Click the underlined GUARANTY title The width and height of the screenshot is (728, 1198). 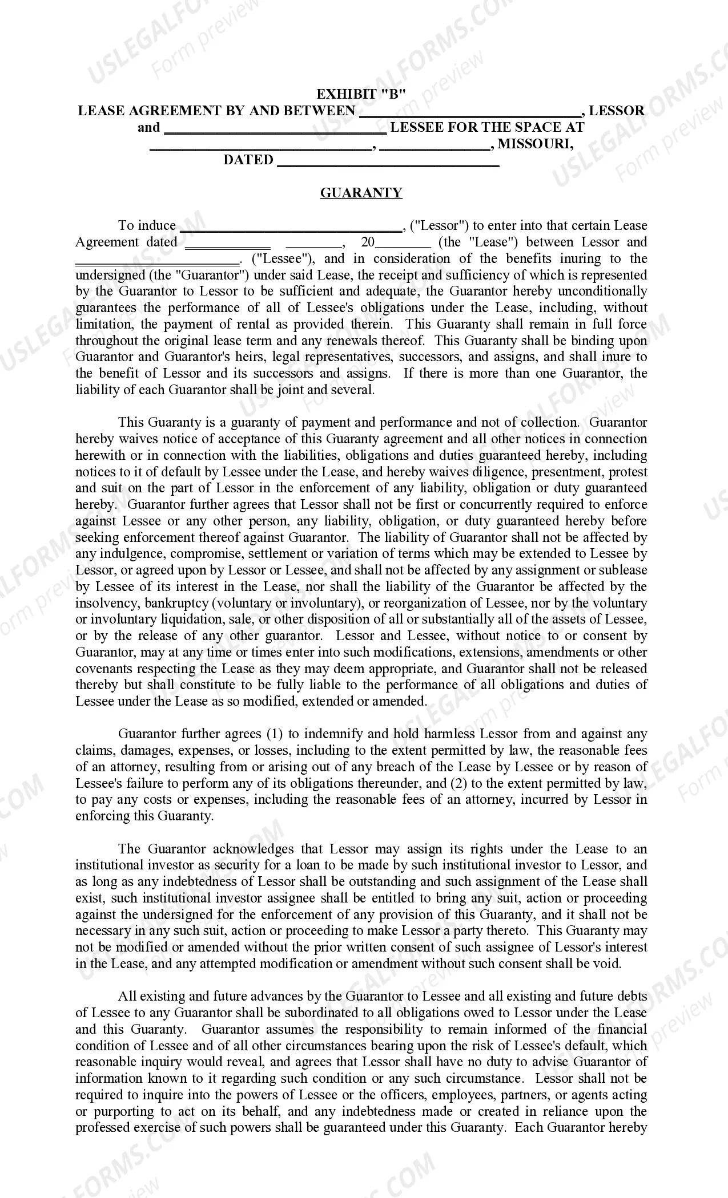point(361,193)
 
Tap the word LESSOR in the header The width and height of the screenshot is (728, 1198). point(617,111)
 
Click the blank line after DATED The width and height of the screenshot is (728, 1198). point(388,162)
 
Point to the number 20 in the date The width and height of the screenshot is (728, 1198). point(368,242)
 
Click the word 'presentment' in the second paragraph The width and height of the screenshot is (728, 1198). point(566,472)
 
